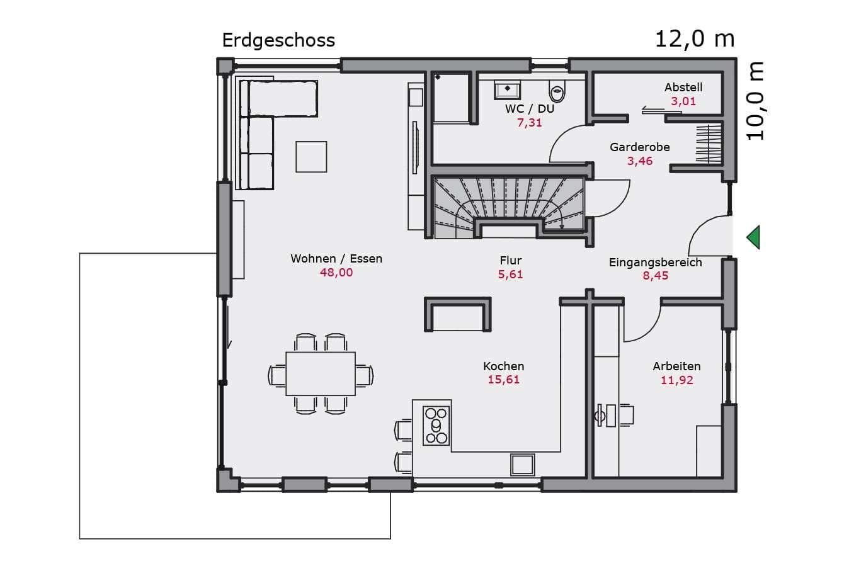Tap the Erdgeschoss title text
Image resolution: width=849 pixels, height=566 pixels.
278,40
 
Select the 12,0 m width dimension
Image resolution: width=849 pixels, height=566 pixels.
695,39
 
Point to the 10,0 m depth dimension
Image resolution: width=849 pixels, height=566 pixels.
755,101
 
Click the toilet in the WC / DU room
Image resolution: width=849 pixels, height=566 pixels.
557,91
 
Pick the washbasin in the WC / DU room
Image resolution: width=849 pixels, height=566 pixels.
507,90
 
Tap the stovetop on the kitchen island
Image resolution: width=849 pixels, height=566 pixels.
436,426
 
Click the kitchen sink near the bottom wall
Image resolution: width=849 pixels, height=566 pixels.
522,465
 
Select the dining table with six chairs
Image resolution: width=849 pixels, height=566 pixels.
321,374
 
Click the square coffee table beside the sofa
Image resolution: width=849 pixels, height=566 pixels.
311,157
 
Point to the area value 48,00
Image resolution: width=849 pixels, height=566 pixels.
336,273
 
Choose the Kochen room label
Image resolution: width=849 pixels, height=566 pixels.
504,366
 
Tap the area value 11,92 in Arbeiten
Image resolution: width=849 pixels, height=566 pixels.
677,380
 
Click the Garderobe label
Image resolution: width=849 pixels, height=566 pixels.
640,147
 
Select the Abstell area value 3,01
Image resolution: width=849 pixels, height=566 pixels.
683,101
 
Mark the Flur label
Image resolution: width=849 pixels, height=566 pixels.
511,260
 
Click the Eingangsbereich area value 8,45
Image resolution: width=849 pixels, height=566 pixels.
655,275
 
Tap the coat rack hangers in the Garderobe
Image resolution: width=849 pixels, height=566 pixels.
709,144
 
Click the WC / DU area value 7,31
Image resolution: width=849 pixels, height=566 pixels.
530,123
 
